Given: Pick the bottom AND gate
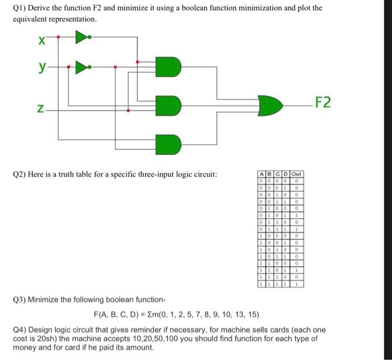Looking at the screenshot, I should click(170, 143).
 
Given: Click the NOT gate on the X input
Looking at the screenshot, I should click(82, 37).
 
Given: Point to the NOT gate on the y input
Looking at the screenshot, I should click(82, 68).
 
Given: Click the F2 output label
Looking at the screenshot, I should click(323, 103).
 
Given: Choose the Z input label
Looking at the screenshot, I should click(40, 110).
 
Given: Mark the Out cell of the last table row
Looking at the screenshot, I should click(298, 284).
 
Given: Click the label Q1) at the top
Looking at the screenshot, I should click(21, 8).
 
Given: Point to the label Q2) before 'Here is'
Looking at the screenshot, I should click(21, 174).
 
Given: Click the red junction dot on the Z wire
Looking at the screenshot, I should click(129, 111).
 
